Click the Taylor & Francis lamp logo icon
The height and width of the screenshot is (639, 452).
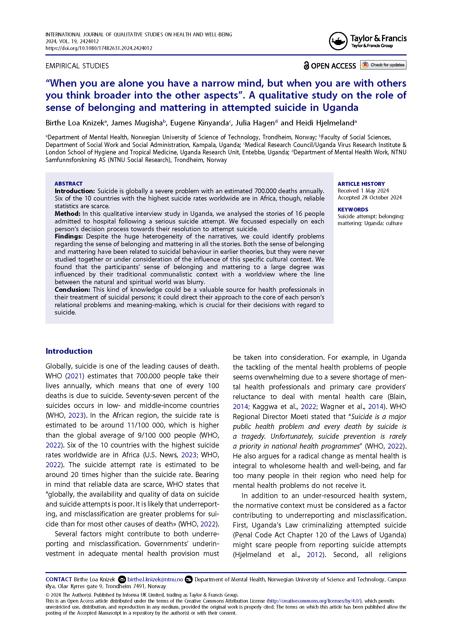coord(338,41)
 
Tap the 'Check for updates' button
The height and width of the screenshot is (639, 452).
coord(383,65)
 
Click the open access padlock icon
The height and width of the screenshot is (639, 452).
coord(306,66)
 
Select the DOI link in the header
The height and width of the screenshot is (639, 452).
coord(99,48)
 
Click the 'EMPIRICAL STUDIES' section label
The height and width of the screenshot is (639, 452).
coord(77,66)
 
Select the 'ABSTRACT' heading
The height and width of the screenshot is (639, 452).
coord(69,184)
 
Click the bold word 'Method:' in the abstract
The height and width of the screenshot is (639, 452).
coord(67,214)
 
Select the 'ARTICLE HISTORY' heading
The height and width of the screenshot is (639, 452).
coord(361,184)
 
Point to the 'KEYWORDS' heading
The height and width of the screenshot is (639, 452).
coord(353,210)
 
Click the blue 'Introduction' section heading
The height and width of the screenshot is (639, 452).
coord(69,351)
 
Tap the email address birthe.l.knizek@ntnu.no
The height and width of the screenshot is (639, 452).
coord(155,579)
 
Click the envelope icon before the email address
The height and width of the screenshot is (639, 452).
coord(122,579)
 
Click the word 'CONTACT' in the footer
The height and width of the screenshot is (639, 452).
coord(59,579)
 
